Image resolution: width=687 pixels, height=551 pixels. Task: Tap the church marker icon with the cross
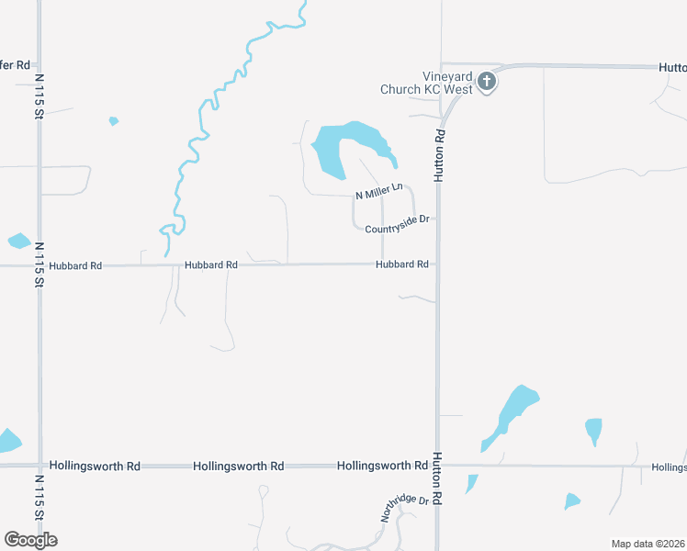[x=487, y=83]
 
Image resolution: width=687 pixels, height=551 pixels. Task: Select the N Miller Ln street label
[x=379, y=192]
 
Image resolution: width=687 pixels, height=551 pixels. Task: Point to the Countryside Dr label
[x=398, y=224]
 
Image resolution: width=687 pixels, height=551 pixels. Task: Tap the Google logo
[x=30, y=540]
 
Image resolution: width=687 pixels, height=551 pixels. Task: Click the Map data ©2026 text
[x=648, y=544]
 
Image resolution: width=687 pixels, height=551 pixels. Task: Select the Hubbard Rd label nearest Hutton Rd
[x=401, y=264]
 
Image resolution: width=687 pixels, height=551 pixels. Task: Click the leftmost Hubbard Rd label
[x=76, y=265]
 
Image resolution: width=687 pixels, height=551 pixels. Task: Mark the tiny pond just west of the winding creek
[x=113, y=120]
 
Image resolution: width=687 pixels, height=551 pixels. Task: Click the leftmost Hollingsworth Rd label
[x=95, y=467]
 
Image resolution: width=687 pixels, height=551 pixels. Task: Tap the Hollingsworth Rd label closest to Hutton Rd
[x=382, y=466]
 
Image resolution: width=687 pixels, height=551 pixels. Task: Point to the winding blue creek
[x=195, y=138]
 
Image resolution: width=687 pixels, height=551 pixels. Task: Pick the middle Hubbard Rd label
[x=210, y=264]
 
